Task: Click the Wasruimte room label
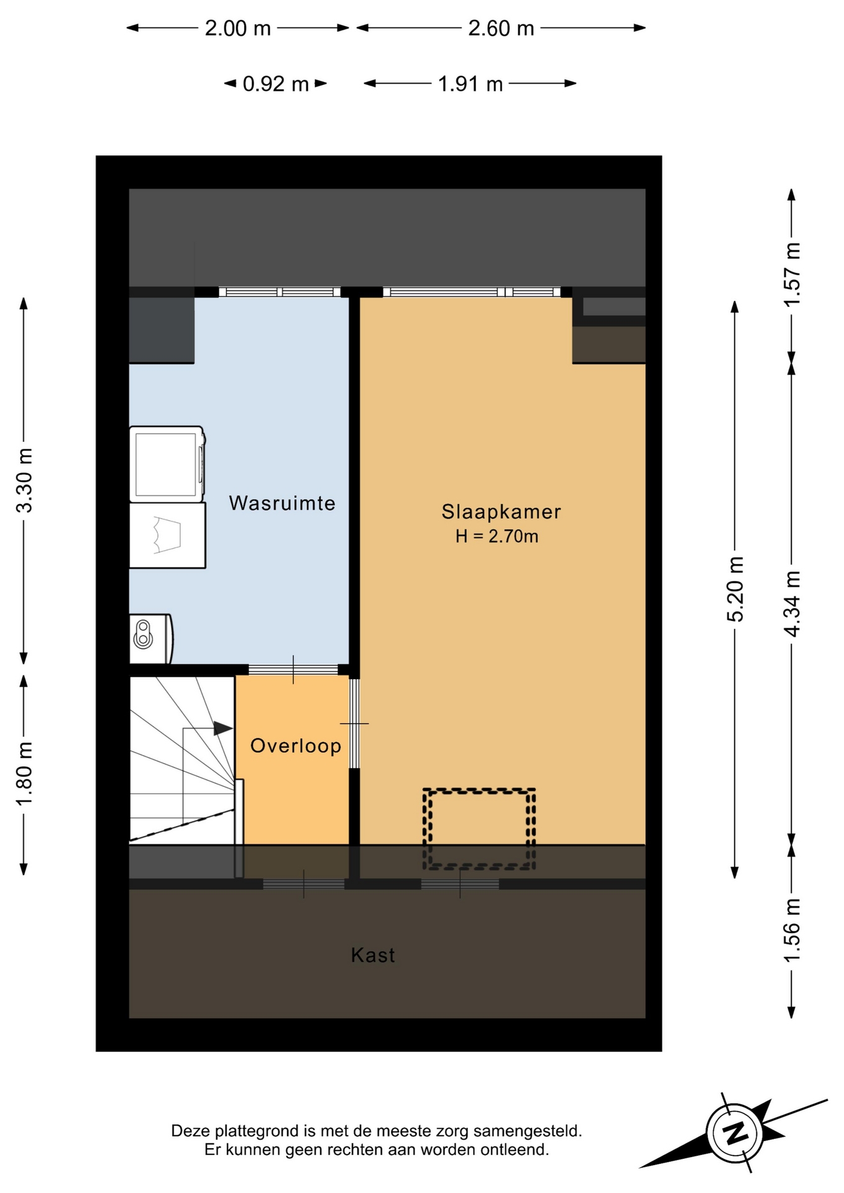(282, 503)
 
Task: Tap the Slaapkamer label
(501, 511)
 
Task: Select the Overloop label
(296, 746)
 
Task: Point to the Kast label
(373, 955)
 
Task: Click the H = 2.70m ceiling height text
(497, 536)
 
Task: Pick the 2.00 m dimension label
(238, 29)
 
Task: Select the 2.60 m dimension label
(501, 29)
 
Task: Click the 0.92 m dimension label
(275, 84)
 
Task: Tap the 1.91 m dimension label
(470, 84)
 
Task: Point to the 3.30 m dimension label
(24, 480)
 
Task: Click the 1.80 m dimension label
(24, 774)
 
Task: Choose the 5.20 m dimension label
(735, 589)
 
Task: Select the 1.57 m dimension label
(792, 273)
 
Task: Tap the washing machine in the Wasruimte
(167, 464)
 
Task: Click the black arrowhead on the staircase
(223, 728)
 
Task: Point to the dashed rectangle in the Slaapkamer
(479, 828)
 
